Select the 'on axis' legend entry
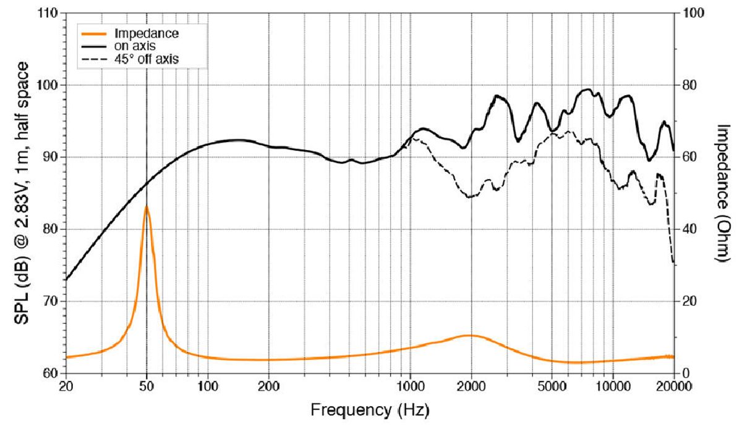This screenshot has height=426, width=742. [x=134, y=45]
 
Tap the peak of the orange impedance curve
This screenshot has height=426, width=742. [x=147, y=206]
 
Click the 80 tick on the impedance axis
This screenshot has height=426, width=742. [x=689, y=85]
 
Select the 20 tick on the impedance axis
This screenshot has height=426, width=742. [x=689, y=301]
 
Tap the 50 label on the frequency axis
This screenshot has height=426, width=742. [x=147, y=387]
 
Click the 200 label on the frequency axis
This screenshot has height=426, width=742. [x=269, y=387]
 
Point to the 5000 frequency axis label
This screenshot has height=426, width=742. [x=552, y=387]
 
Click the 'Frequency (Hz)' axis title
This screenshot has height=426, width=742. [x=370, y=409]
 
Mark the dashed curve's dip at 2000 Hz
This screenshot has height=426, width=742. [x=470, y=197]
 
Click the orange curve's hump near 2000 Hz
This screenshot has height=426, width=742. [x=470, y=335]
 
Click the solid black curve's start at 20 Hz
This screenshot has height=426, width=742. [x=66, y=280]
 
